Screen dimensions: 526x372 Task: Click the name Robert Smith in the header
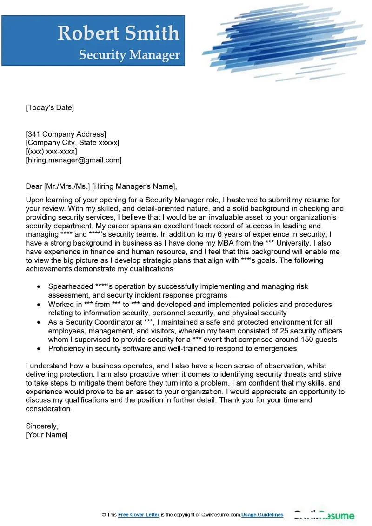tap(118, 33)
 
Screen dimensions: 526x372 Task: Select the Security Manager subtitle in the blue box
tap(129, 55)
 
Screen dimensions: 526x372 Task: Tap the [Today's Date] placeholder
tap(50, 108)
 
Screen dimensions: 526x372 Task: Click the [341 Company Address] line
tap(66, 134)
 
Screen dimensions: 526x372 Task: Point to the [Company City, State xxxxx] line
tap(72, 143)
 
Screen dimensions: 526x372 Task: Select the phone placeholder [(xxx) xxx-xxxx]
tap(51, 152)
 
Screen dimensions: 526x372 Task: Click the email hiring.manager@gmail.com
tap(73, 160)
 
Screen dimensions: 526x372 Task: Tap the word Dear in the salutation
tap(34, 187)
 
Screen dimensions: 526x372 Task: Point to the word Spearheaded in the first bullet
tap(71, 286)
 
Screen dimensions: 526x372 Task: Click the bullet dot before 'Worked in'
tap(38, 305)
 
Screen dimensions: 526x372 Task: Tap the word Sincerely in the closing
tap(42, 426)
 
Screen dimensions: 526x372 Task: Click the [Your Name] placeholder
tap(46, 435)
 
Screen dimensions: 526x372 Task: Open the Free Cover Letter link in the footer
tap(139, 515)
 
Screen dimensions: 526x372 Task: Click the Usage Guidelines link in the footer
tap(262, 515)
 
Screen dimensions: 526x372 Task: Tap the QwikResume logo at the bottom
tap(324, 515)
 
